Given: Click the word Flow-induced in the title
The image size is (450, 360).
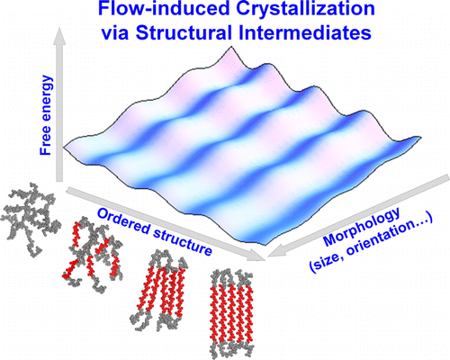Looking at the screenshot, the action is coord(164,9).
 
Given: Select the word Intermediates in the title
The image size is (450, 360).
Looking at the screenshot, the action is coord(305,32).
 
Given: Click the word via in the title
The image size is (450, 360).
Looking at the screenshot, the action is coord(115,33).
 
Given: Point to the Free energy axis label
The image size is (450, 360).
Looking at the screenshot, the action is coord(46,115).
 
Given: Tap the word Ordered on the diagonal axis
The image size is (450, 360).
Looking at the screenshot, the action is coord(123,222).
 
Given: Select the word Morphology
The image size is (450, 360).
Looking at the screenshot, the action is coord(362,226).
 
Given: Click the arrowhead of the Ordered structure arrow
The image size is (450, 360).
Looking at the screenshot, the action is coord(257,256).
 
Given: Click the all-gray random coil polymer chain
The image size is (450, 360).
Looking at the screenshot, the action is coord(31,215).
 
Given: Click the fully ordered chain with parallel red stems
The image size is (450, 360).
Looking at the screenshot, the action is coord(231,313).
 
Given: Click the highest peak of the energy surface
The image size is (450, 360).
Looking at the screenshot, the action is coord(231,47).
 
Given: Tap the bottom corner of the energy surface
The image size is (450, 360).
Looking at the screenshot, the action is coord(267,244).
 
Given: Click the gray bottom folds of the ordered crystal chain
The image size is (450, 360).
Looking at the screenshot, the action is coord(231,348).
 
